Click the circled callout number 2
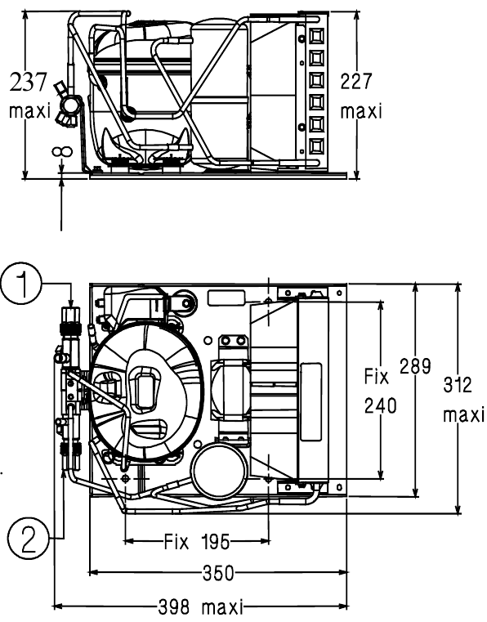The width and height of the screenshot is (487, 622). pos(27,539)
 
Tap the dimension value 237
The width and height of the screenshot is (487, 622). pos(29,82)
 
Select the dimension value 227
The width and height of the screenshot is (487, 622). pos(356,81)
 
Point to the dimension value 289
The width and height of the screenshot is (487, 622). pos(415,365)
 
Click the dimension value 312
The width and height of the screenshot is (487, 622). pos(458,385)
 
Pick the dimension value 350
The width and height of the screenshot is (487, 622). pos(218,573)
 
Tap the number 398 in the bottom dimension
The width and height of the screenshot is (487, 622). pos(174,606)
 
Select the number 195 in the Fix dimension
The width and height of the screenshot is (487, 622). pos(215,541)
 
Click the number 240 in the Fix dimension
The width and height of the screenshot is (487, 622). pos(380,405)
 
